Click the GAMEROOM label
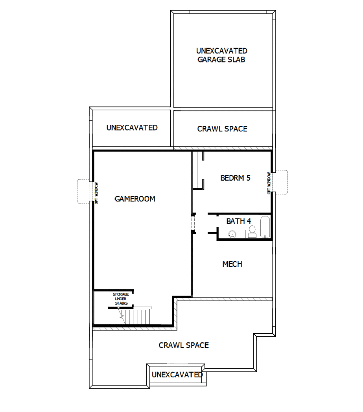(x=135, y=199)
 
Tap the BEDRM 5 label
(x=235, y=178)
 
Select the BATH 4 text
(x=238, y=221)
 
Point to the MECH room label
(x=232, y=264)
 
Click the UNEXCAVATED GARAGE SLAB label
(x=222, y=55)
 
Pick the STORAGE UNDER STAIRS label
(x=121, y=299)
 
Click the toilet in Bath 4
(x=252, y=232)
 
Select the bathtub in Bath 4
(x=266, y=227)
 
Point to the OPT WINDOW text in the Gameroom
(x=96, y=193)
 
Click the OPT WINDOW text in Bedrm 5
(x=269, y=183)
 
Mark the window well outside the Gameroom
(x=83, y=191)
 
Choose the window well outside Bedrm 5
(x=282, y=182)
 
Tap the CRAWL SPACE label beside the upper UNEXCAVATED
(x=222, y=129)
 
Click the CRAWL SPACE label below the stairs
(x=184, y=345)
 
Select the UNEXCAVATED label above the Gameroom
(x=132, y=127)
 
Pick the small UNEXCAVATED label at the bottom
(x=177, y=374)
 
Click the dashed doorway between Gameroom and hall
(x=193, y=223)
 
